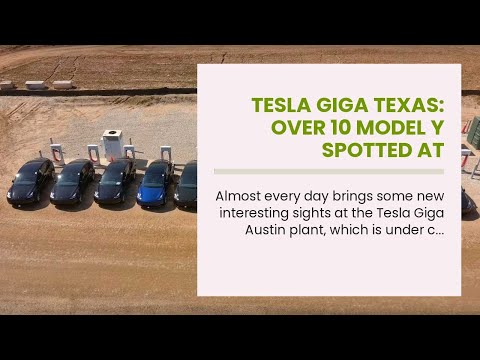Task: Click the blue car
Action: pos(156,182)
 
